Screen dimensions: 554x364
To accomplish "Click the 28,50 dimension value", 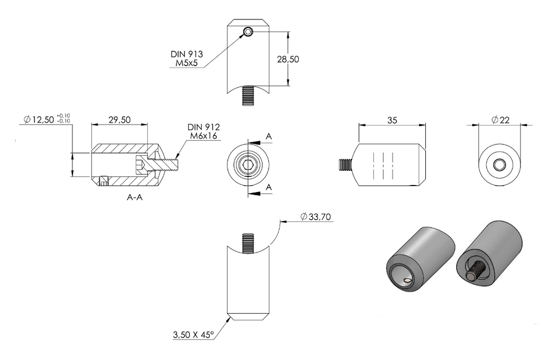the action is tap(288, 59).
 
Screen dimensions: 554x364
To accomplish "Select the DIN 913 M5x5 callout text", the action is tap(187, 58).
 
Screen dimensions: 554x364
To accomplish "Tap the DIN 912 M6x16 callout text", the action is tap(203, 131).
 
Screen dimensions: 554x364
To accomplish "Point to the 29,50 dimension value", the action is tap(120, 120).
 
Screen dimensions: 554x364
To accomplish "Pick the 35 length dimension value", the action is tap(392, 121).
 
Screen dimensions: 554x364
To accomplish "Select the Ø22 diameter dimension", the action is tap(500, 120).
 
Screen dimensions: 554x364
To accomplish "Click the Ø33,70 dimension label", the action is tap(315, 217).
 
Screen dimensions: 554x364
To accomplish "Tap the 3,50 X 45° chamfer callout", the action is tap(193, 334).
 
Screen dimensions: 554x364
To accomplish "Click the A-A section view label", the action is tap(135, 197).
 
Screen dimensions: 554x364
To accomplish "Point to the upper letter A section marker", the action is tap(269, 136).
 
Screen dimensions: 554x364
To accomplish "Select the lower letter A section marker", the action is tap(269, 187).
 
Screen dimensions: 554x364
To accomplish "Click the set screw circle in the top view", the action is tap(248, 32).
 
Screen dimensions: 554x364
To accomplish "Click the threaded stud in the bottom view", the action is tap(248, 243).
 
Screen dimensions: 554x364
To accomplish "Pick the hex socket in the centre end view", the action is tap(248, 164).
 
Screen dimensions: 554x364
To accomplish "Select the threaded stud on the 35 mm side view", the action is tap(346, 164).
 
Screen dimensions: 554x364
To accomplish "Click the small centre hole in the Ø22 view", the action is tap(499, 164).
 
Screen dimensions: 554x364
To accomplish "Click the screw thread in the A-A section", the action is tap(167, 164).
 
